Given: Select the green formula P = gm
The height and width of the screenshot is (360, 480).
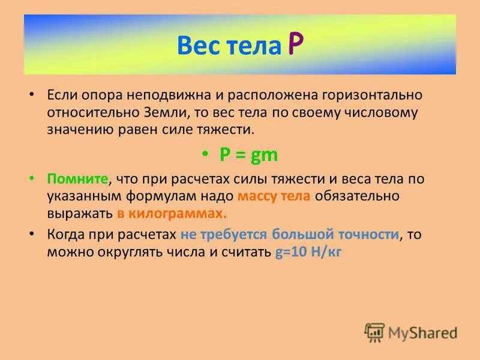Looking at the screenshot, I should pyautogui.click(x=248, y=154).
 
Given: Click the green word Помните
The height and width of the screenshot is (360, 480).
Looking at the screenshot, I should pyautogui.click(x=77, y=179).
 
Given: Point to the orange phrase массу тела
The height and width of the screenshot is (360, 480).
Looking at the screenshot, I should pyautogui.click(x=274, y=196).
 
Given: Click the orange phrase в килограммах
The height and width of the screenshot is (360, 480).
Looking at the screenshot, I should pyautogui.click(x=172, y=214).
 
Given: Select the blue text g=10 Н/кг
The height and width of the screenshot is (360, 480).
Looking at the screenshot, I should pyautogui.click(x=308, y=252).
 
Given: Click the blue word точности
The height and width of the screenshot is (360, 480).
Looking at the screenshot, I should pyautogui.click(x=367, y=235).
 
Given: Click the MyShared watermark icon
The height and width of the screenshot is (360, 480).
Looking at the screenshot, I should pyautogui.click(x=374, y=332).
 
